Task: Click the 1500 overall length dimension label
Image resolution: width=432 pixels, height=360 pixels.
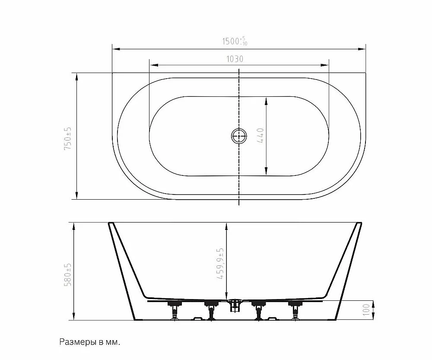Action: (x=235, y=41)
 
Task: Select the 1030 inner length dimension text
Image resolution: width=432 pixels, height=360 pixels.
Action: (x=235, y=59)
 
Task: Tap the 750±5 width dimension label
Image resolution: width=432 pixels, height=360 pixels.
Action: (x=68, y=138)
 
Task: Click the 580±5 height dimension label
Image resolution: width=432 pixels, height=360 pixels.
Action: (x=68, y=274)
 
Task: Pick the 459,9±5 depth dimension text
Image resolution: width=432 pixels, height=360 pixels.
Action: (x=220, y=264)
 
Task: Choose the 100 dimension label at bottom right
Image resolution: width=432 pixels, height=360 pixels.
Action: (x=366, y=310)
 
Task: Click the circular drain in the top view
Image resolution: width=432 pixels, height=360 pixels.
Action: (x=239, y=136)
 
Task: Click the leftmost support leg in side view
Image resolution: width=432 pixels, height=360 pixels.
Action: (x=174, y=310)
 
